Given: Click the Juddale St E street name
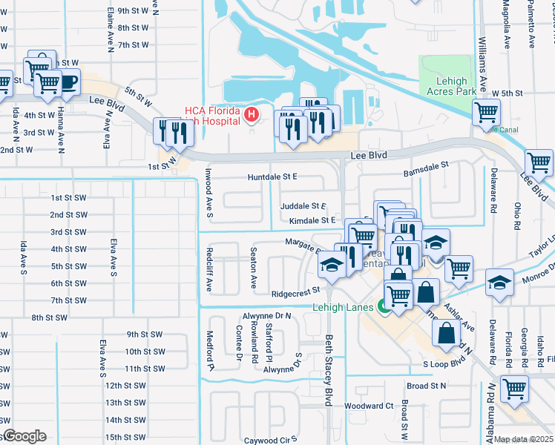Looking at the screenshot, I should tap(303, 205).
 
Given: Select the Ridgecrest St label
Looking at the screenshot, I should tap(295, 293).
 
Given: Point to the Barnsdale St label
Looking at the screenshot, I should tap(427, 171).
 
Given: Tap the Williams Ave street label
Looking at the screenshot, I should tap(483, 62).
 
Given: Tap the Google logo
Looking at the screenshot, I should tap(25, 436).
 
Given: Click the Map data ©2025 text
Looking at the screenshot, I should tap(524, 439).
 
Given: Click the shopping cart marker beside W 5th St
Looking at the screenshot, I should tap(486, 112).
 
